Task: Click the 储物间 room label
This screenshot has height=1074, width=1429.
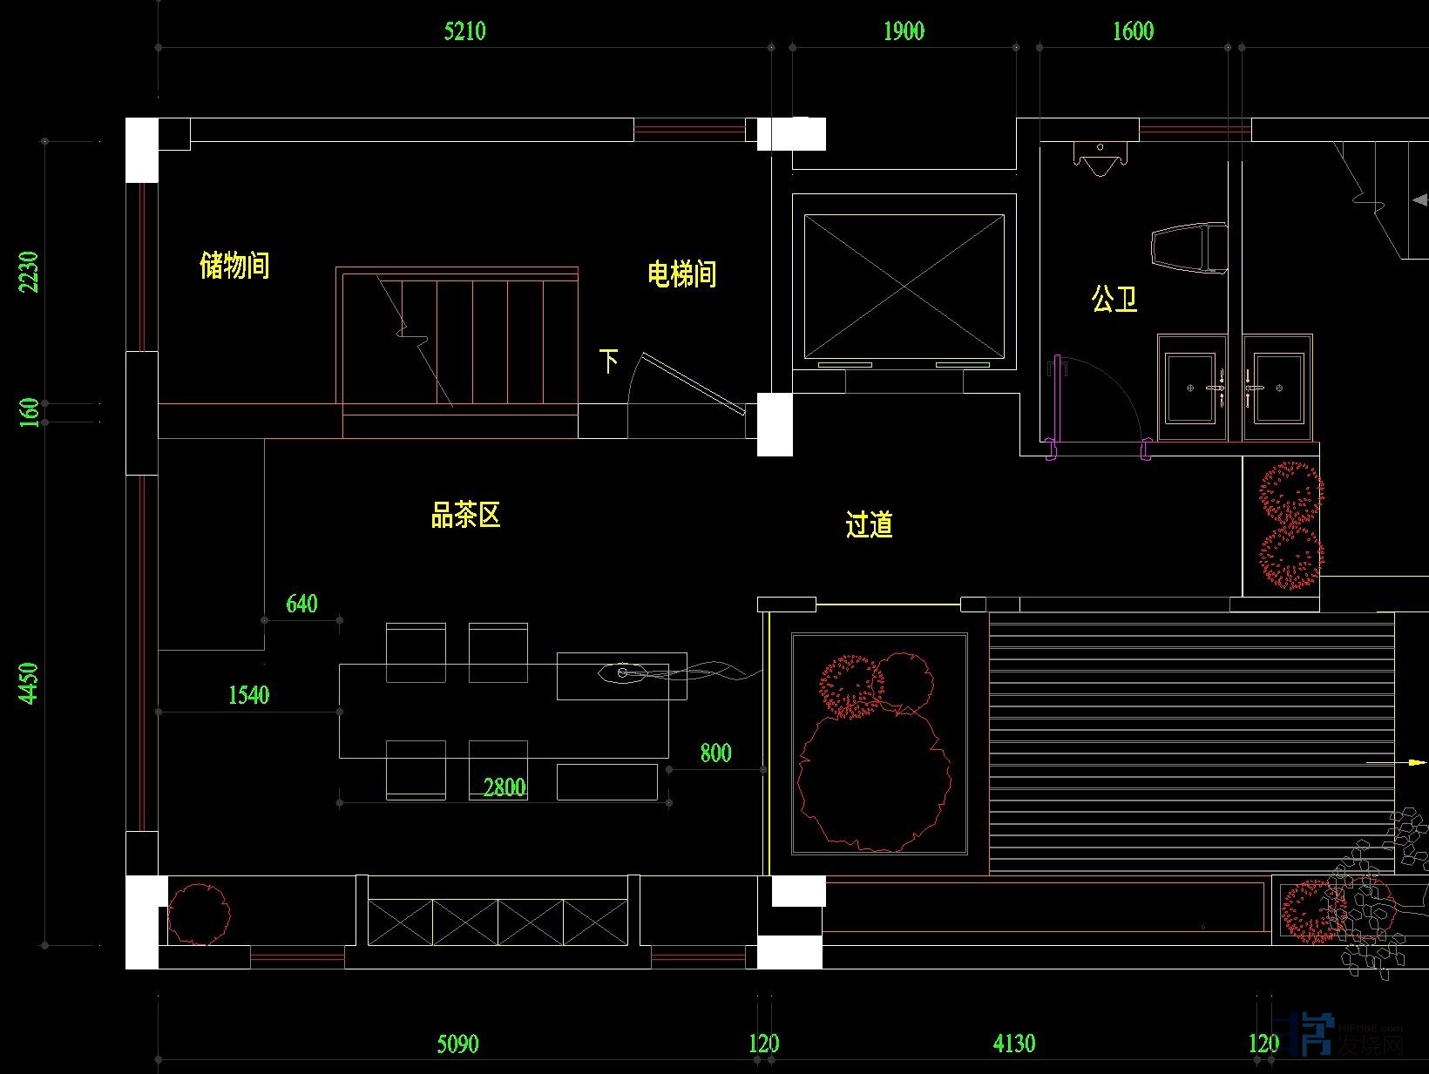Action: [x=234, y=265]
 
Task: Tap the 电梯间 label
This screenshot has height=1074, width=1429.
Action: [x=681, y=274]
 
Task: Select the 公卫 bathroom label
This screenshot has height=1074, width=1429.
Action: [x=1114, y=300]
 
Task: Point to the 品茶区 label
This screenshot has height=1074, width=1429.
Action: [x=465, y=515]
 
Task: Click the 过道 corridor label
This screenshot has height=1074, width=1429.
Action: [x=869, y=524]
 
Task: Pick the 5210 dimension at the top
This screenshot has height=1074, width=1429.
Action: [x=464, y=32]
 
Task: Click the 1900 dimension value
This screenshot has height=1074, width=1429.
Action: [x=904, y=32]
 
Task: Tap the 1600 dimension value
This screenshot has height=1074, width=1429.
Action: [x=1133, y=32]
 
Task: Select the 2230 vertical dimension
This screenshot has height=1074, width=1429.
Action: [x=30, y=272]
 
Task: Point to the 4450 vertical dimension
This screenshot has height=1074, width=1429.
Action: [x=30, y=684]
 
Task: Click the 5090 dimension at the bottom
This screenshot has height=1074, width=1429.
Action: [x=457, y=1044]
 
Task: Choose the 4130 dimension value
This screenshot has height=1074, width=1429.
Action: [x=1014, y=1044]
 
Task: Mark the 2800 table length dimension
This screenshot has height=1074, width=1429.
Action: [x=505, y=787]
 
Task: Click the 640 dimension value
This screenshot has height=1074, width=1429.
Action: [x=301, y=604]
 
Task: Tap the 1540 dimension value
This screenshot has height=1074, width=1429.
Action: [x=248, y=695]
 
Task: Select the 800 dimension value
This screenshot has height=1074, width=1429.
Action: [x=715, y=753]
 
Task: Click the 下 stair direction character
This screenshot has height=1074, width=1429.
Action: [x=609, y=360]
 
